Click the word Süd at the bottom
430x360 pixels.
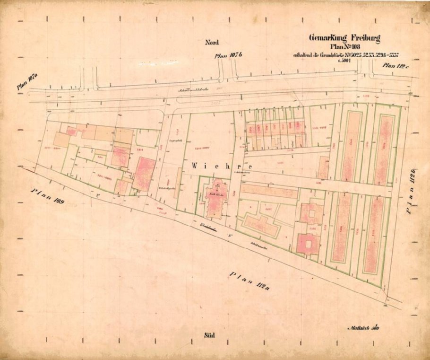[210, 335]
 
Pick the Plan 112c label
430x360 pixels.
[395, 66]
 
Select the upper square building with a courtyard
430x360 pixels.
[312, 213]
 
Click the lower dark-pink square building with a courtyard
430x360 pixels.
[308, 244]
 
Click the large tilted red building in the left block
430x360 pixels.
[144, 174]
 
